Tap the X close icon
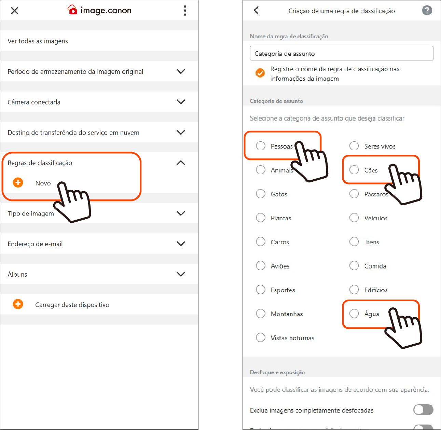[14, 11]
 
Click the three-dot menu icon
[185, 11]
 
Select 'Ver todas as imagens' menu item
[38, 41]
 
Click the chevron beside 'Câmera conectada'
[181, 102]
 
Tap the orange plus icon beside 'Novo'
[18, 182]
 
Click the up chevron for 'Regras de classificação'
[181, 163]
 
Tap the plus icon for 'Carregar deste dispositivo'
[18, 304]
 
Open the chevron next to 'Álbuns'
[181, 274]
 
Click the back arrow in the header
[256, 10]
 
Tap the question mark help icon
[427, 10]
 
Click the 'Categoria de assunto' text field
[342, 53]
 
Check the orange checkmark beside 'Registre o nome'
[260, 73]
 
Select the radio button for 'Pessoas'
[260, 146]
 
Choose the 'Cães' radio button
[354, 169]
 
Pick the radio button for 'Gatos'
[260, 194]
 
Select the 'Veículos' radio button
[354, 218]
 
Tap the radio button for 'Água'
[354, 313]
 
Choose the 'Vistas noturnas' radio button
[260, 337]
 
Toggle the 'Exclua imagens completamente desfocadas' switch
[423, 410]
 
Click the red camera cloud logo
[72, 10]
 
